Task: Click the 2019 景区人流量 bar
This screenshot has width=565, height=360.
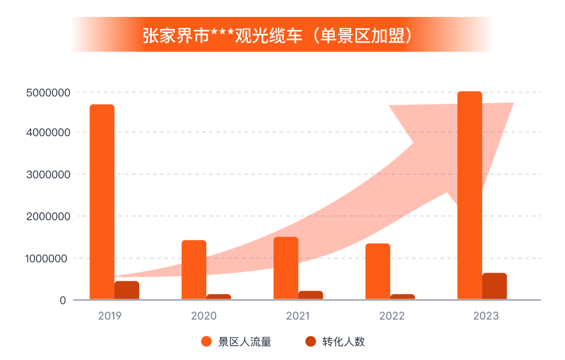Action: pyautogui.click(x=102, y=202)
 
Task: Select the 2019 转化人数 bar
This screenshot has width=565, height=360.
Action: pyautogui.click(x=127, y=290)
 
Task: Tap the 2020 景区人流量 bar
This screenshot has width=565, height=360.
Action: pyautogui.click(x=194, y=269)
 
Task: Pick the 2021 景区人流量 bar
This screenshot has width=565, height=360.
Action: pyautogui.click(x=286, y=268)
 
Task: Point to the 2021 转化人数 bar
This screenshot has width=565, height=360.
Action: pyautogui.click(x=311, y=295)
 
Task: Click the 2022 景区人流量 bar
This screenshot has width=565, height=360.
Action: pyautogui.click(x=378, y=271)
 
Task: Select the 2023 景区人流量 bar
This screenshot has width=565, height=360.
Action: pyautogui.click(x=469, y=195)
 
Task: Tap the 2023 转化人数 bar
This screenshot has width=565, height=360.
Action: pyautogui.click(x=495, y=286)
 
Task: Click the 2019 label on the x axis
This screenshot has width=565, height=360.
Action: pyautogui.click(x=110, y=316)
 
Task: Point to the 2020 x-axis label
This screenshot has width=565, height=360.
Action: pyautogui.click(x=204, y=316)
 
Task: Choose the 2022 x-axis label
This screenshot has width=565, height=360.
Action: pyautogui.click(x=392, y=316)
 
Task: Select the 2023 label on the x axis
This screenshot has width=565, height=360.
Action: pyautogui.click(x=486, y=316)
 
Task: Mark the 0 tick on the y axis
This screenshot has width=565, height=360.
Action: pyautogui.click(x=63, y=300)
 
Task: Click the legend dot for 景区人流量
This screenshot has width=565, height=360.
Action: pyautogui.click(x=206, y=342)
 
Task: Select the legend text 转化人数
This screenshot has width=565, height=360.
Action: pyautogui.click(x=343, y=342)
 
